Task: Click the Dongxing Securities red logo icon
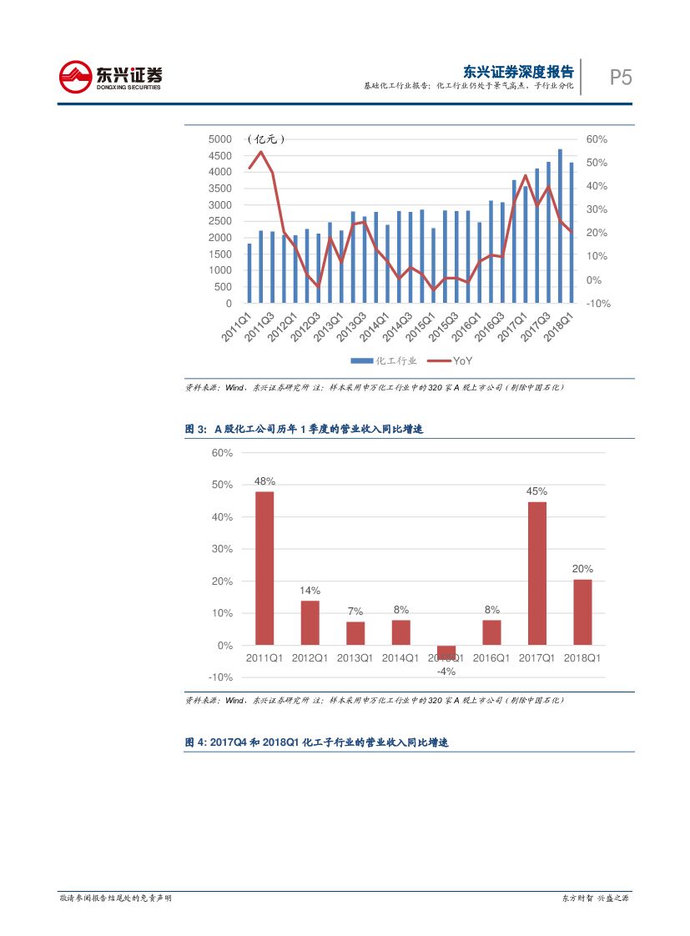[x=76, y=77]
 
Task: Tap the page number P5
[x=620, y=78]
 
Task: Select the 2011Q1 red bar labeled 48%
[x=264, y=567]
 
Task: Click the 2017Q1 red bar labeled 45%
[x=536, y=573]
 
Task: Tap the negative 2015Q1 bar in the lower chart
[x=446, y=652]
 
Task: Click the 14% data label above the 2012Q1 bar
[x=310, y=591]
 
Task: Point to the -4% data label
[x=446, y=671]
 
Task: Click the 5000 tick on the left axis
[x=220, y=139]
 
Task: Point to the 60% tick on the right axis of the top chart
[x=597, y=139]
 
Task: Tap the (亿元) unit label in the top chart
[x=266, y=139]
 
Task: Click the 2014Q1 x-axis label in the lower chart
[x=400, y=658]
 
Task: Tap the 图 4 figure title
[x=316, y=742]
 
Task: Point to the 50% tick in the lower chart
[x=222, y=485]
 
